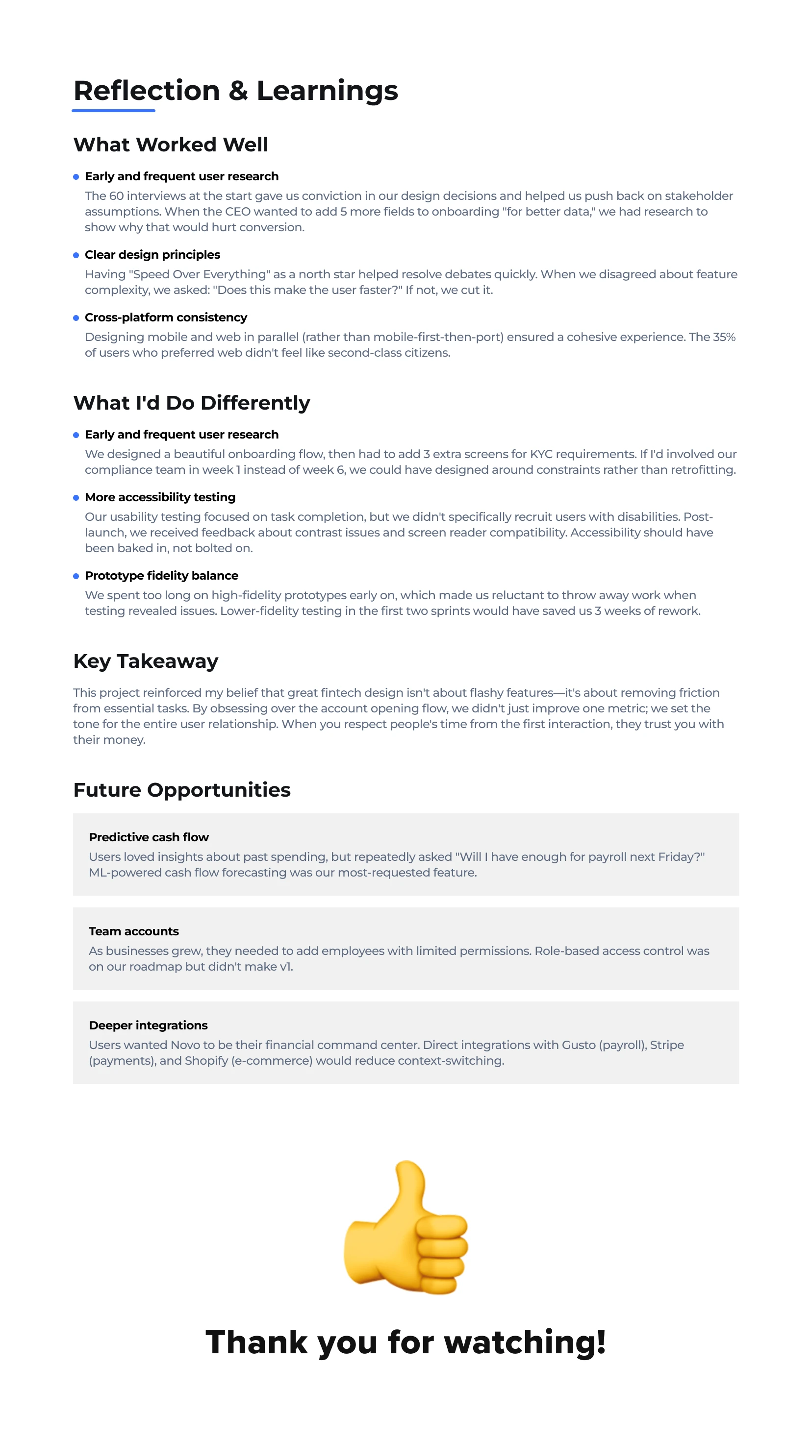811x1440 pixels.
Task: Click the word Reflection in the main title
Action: (147, 91)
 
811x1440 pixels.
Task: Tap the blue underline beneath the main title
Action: (114, 111)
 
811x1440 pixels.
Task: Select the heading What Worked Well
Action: (171, 145)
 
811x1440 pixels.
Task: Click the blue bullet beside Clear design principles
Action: (76, 255)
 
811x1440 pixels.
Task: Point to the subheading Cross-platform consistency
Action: (166, 317)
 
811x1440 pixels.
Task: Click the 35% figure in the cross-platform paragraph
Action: (724, 337)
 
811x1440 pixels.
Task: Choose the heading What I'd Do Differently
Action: (191, 403)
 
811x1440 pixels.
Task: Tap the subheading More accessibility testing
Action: (160, 497)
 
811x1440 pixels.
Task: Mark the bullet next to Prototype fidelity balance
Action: (76, 576)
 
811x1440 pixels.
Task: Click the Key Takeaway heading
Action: (146, 661)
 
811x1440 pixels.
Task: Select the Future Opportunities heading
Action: (182, 790)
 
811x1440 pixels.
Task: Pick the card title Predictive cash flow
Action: (149, 837)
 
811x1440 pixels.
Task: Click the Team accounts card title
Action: (134, 931)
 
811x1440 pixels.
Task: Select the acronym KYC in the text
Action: (541, 455)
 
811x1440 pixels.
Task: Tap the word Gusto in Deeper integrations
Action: (578, 1046)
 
